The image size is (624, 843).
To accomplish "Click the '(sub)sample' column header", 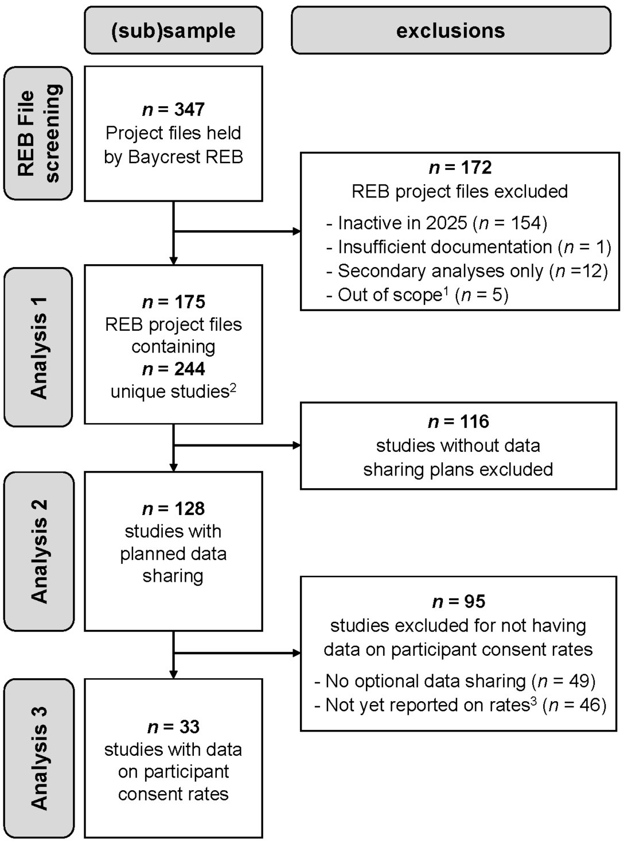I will pos(173,30).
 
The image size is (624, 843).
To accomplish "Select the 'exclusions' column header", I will pos(451,30).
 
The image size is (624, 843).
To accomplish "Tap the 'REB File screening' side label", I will pos(38,133).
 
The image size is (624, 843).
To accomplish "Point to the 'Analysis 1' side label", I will pos(38,347).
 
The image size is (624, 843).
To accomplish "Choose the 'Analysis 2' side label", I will pos(38,551).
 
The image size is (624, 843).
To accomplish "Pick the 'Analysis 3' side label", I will pos(38,758).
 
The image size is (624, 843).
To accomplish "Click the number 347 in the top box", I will pos(189,109).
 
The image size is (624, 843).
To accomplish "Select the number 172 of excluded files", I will pos(476,168).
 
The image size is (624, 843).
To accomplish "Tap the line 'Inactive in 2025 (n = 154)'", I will pos(437,223).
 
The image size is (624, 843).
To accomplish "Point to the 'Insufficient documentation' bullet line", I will pos(469,247).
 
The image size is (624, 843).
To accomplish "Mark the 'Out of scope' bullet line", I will pos(418,295).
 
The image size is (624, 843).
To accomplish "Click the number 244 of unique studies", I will pos(189,369).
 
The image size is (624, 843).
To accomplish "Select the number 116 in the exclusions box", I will pos(474,421).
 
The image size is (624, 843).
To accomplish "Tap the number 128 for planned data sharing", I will pos(189,508).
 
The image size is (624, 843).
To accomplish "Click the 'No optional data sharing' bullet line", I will pos(455,681).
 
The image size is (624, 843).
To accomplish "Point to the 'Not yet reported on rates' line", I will pos(461,705).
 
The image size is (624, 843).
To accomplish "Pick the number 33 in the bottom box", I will pos(189,726).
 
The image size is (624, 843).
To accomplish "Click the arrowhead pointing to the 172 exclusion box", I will pos(297,231).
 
